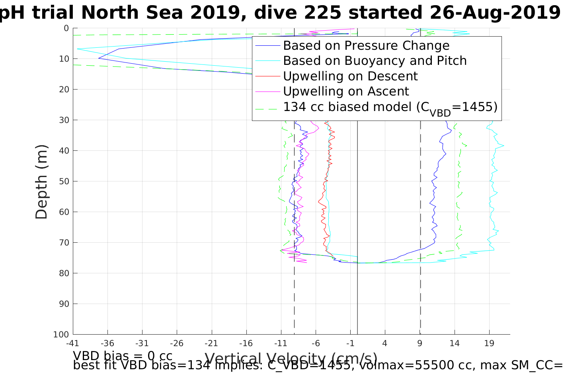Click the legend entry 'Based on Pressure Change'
click(x=366, y=46)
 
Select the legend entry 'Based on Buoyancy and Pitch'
click(x=375, y=61)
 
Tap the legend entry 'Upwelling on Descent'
click(x=350, y=76)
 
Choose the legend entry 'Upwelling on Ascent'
click(x=346, y=91)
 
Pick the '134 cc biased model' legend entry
click(x=390, y=107)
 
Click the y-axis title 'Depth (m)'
click(x=41, y=181)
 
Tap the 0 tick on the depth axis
click(x=66, y=28)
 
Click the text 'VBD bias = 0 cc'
click(x=123, y=355)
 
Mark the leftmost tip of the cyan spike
click(x=77, y=49)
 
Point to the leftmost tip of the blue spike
click(x=98, y=58)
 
